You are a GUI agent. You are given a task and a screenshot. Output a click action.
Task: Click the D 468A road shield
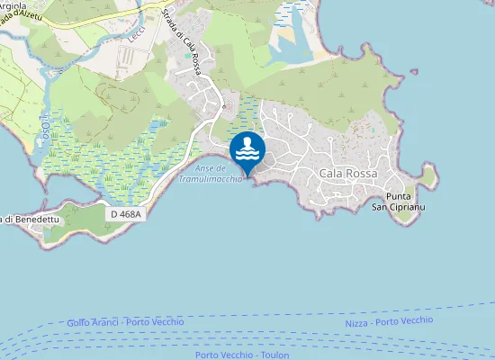pyautogui.click(x=126, y=214)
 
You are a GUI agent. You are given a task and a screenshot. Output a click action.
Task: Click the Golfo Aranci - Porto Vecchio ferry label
pyautogui.click(x=125, y=322)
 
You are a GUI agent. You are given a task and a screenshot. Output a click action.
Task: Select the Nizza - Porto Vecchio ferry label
pyautogui.click(x=389, y=321)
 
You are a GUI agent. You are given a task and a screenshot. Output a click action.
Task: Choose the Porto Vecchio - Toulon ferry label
pyautogui.click(x=243, y=355)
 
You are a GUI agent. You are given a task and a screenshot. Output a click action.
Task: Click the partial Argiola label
pyautogui.click(x=15, y=5)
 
